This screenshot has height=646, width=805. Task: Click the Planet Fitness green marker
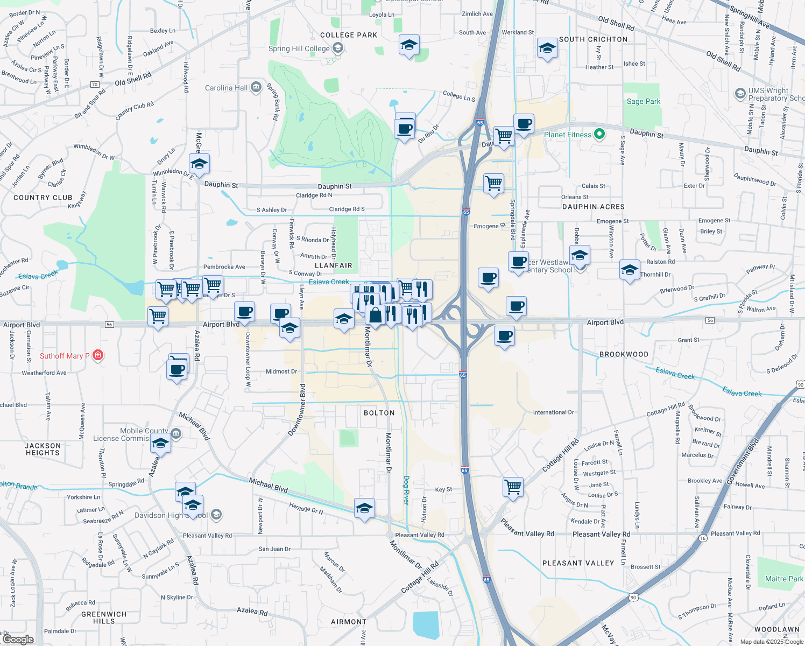[599, 134]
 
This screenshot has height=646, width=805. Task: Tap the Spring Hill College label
[299, 48]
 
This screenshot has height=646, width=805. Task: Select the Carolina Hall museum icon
[256, 87]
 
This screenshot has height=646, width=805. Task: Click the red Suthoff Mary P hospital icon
[97, 355]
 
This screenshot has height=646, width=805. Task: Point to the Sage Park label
[643, 101]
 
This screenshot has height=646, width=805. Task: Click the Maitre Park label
[783, 579]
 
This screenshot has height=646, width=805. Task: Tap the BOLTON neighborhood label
[379, 413]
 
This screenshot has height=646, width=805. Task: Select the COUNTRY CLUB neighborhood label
[43, 198]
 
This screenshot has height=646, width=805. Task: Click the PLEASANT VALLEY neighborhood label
[578, 563]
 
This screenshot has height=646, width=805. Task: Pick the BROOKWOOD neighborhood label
[624, 354]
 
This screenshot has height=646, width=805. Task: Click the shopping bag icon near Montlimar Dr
[376, 315]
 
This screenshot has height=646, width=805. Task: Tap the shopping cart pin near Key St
[513, 487]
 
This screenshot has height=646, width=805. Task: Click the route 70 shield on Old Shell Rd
[95, 85]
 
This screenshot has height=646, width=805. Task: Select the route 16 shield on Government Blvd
[703, 538]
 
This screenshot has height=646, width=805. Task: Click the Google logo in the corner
[18, 640]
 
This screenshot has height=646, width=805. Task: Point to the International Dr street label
[553, 412]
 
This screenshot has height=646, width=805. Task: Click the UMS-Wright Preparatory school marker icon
[740, 94]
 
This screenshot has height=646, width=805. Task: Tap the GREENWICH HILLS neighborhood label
[104, 617]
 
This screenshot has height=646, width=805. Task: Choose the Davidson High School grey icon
[216, 515]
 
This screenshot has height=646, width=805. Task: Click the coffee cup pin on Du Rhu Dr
[404, 129]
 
